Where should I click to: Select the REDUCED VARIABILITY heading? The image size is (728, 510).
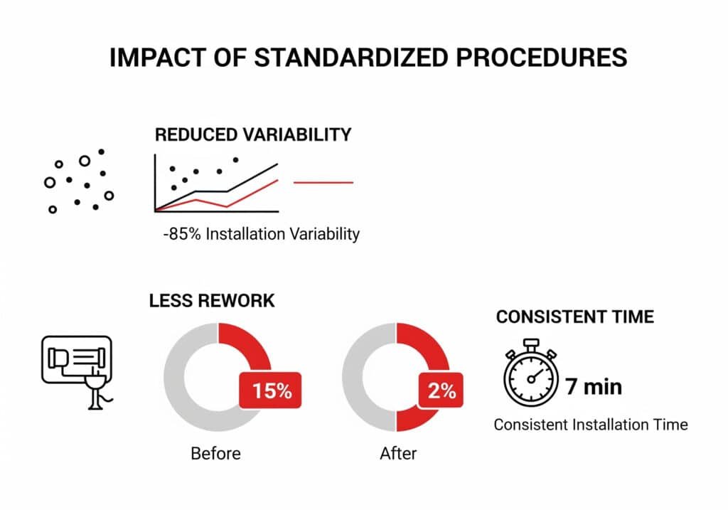253,134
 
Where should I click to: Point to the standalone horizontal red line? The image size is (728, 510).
323,183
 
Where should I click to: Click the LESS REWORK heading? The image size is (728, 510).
211,301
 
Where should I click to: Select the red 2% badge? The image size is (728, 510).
441,391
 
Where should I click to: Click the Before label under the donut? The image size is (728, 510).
215,453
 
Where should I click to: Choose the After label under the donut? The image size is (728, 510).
399,453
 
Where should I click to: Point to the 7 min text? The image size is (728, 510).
594,387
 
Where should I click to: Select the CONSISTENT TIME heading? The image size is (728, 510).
574,317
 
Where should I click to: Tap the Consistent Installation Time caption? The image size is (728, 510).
591,425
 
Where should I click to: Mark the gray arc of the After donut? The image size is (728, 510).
355,377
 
